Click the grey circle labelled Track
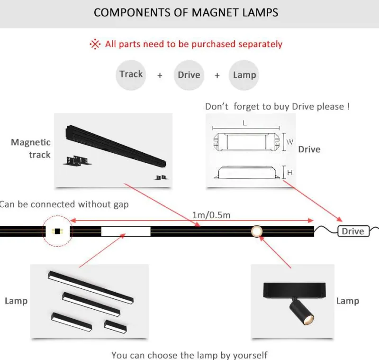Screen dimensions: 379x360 131,75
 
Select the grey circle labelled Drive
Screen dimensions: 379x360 189,75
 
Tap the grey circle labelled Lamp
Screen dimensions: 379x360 244,75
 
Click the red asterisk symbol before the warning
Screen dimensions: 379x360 95,44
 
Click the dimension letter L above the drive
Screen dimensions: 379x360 245,123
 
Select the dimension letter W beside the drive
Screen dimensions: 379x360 290,142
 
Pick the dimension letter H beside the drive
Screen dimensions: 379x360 290,173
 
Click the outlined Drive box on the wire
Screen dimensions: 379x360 353,231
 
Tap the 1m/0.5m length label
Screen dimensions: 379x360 211,215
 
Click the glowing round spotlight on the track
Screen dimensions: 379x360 256,231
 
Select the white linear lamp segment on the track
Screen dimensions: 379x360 126,231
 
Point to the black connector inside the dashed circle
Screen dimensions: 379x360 57,231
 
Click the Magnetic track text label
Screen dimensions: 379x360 31,148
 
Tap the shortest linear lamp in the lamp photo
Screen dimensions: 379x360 115,326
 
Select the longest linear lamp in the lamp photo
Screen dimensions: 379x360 90,287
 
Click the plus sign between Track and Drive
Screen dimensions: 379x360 160,75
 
